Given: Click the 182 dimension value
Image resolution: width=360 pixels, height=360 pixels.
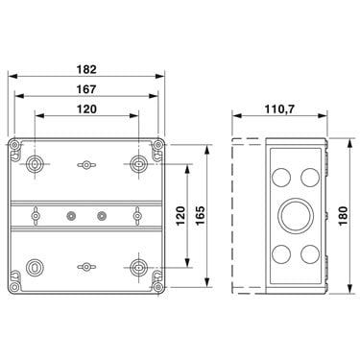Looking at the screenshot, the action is pyautogui.click(x=86, y=69).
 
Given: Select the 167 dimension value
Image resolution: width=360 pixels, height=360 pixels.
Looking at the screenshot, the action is pyautogui.click(x=86, y=89).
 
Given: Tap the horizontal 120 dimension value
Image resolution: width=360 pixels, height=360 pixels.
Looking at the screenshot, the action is pyautogui.click(x=86, y=109).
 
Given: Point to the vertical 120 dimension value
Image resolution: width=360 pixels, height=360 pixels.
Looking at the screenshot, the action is pyautogui.click(x=180, y=215).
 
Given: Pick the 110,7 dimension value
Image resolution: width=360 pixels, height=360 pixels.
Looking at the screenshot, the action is pyautogui.click(x=279, y=109).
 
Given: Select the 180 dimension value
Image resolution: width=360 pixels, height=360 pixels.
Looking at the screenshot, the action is pyautogui.click(x=343, y=216).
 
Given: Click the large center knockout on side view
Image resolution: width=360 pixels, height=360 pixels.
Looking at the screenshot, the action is pyautogui.click(x=296, y=215).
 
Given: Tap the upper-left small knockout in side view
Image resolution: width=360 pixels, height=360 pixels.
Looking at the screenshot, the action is pyautogui.click(x=281, y=177).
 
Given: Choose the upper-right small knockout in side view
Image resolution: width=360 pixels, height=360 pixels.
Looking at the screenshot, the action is pyautogui.click(x=310, y=177).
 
